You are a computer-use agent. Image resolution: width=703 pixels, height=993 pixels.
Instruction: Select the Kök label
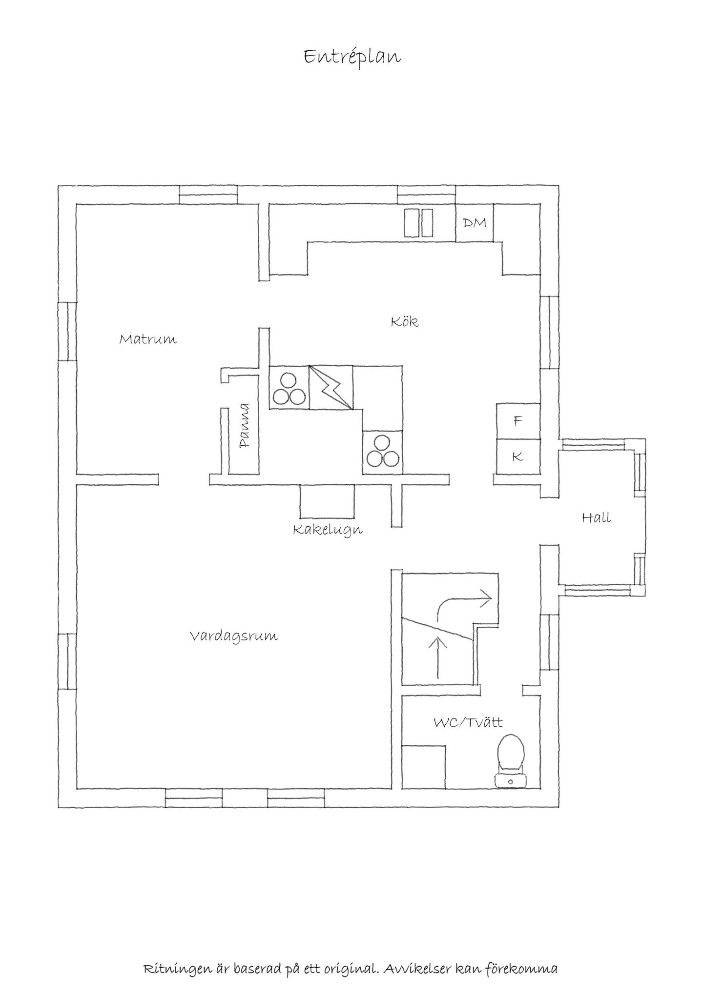tap(405, 321)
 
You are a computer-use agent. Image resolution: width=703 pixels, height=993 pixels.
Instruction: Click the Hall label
tap(597, 517)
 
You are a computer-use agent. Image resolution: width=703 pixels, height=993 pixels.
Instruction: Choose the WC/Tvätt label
tap(468, 722)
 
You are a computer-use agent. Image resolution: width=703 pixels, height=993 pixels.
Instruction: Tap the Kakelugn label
tap(328, 530)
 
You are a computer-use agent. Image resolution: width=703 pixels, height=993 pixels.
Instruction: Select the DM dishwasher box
tap(474, 222)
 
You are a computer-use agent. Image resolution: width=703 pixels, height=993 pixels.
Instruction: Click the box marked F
tap(518, 421)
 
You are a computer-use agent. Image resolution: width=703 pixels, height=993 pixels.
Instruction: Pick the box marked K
tap(518, 457)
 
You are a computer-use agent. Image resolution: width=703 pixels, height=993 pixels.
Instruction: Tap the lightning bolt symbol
tap(331, 387)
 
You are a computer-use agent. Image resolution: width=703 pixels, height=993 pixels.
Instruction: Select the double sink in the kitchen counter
tap(419, 223)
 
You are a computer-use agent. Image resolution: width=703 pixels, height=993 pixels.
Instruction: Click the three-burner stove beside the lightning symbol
tap(289, 387)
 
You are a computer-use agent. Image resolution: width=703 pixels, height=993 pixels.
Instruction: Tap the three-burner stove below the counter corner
tap(382, 452)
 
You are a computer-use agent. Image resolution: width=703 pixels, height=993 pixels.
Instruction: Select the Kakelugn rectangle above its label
tap(327, 501)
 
